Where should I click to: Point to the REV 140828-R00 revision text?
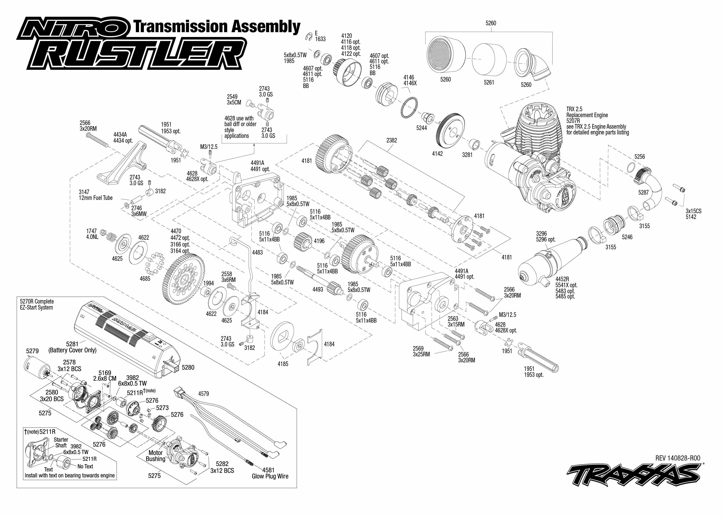point(678,458)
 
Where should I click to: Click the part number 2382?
point(392,140)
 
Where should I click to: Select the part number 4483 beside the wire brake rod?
point(257,253)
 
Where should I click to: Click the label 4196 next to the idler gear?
point(319,241)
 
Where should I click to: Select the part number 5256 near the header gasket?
point(639,157)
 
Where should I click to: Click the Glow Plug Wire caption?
point(270,476)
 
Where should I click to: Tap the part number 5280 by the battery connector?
point(188,367)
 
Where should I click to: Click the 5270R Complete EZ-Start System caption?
point(37,304)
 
